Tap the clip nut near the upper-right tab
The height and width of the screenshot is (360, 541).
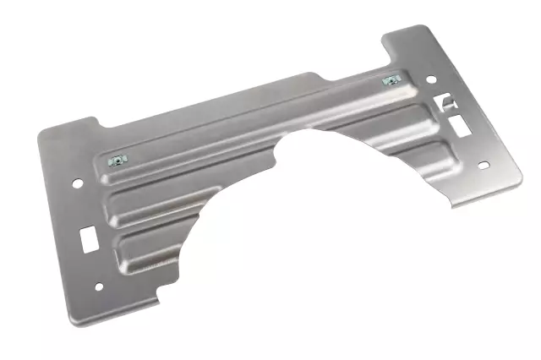pos(390,81)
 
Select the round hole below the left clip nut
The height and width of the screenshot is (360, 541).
pos(77,183)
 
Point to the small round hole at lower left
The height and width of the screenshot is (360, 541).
pos(100,286)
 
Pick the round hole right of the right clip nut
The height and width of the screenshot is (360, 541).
pos(430,79)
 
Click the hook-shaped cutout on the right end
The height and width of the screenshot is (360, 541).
pos(445,102)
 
